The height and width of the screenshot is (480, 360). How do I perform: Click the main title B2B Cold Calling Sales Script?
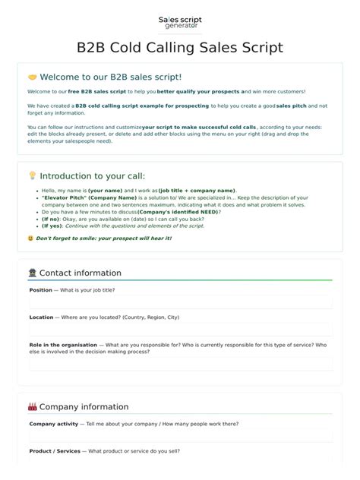pos(180,48)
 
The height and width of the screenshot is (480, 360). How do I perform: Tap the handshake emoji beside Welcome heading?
pos(32,77)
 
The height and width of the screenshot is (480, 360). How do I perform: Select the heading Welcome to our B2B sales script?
pos(110,77)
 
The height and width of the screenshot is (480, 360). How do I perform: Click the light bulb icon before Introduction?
pos(32,175)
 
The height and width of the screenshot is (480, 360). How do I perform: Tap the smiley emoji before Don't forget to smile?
pos(30,238)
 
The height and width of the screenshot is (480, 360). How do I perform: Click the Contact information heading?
pos(80,273)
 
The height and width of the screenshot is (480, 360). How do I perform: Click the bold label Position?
pos(40,290)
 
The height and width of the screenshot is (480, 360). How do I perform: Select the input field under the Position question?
pos(180,302)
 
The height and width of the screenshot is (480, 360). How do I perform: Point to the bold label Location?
pos(41,317)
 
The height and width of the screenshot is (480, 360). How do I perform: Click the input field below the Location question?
pos(180,330)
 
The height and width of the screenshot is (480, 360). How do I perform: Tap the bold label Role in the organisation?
pos(63,345)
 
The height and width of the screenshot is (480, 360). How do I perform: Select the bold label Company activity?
pos(54,424)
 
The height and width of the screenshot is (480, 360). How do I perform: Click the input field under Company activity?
pos(180,436)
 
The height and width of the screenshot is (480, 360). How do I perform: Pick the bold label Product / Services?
pos(55,451)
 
